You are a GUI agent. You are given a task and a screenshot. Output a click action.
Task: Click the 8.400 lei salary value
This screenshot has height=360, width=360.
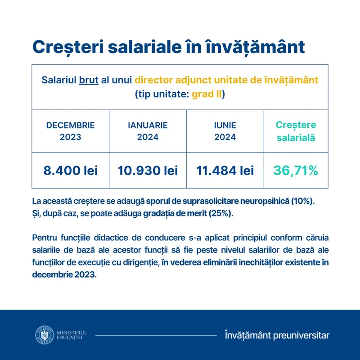pos(70,171)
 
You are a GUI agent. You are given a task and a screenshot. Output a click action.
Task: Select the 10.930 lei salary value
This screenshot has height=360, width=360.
pos(148,171)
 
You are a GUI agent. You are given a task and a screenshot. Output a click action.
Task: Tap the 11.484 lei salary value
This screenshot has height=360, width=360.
pos(225,171)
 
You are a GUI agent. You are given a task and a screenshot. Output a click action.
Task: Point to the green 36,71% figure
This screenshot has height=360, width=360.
pos(296,171)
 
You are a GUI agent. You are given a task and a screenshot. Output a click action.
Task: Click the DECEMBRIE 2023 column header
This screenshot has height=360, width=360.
pos(70,131)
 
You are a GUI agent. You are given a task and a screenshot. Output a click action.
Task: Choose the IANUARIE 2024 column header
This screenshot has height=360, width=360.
pos(148,131)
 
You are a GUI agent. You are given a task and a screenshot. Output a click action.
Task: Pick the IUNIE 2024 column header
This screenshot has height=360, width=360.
pos(225,131)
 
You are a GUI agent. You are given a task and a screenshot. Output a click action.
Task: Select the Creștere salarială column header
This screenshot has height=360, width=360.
pos(296,131)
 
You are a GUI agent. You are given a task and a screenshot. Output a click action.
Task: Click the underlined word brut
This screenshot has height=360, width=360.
pos(89,80)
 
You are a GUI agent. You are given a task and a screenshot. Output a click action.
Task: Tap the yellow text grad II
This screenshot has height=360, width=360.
pos(207,95)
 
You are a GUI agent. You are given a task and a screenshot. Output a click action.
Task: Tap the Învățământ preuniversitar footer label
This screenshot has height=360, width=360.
pos(277,335)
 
